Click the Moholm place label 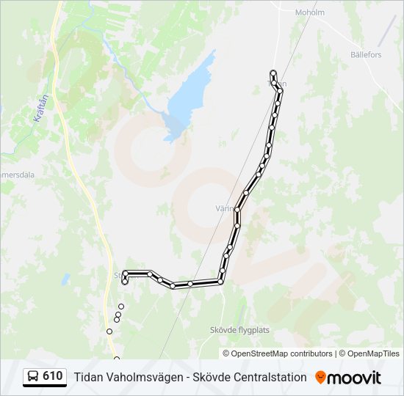[309, 12]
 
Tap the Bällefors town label [366, 55]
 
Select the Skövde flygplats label [239, 330]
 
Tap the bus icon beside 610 [32, 377]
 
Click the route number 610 [52, 376]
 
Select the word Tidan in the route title [87, 377]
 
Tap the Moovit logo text [355, 378]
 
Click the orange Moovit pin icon [320, 377]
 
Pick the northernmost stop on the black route [273, 73]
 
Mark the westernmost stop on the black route [125, 282]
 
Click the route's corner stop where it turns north [220, 281]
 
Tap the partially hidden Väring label [225, 208]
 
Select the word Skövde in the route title [210, 377]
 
